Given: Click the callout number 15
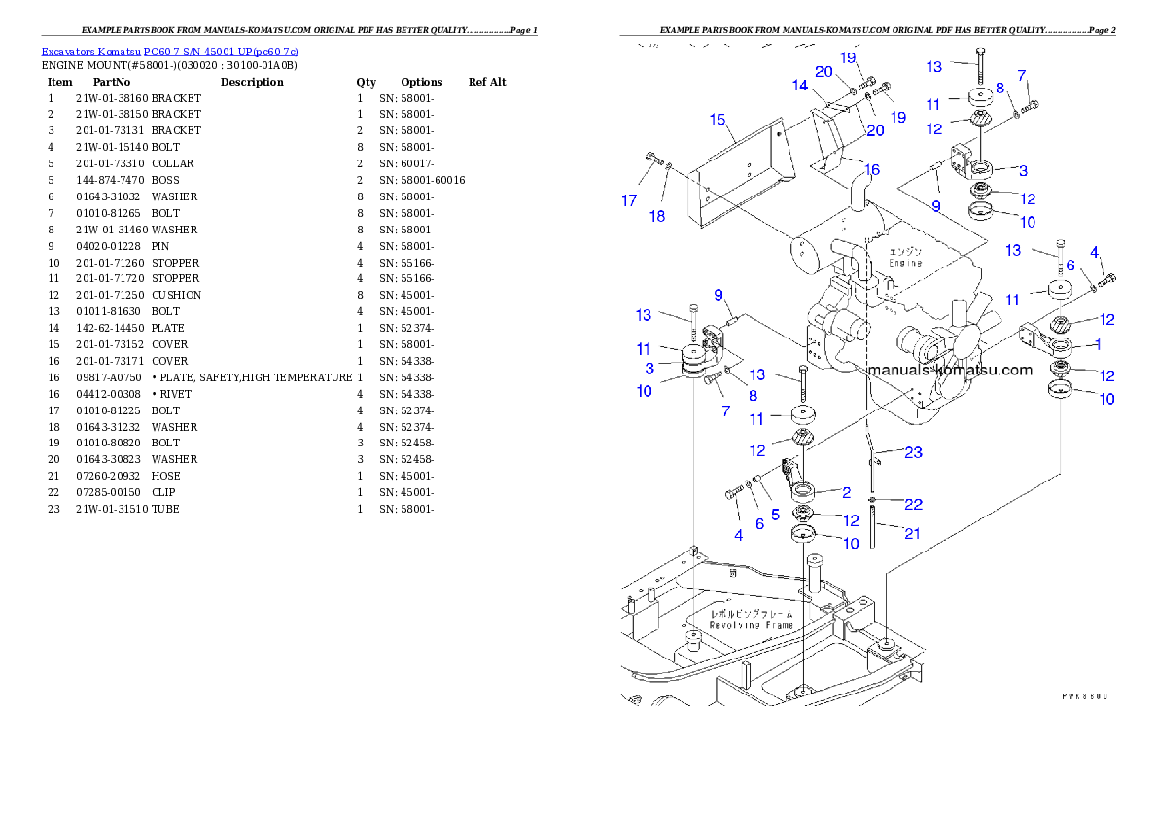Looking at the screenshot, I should [718, 120].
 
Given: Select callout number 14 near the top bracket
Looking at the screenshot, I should [799, 86].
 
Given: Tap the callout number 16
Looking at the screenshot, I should [872, 170].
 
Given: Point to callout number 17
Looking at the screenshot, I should [630, 201].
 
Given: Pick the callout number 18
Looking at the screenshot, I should [657, 216].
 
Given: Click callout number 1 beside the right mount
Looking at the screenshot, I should [1098, 344].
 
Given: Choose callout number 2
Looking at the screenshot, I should [846, 493].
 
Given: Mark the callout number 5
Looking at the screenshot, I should [775, 514].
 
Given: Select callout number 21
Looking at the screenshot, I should [912, 533].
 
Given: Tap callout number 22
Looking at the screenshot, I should [913, 504].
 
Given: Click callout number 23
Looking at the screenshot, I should [913, 452].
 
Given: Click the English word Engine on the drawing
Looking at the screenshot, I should [906, 263].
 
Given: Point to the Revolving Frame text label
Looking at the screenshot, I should [751, 620].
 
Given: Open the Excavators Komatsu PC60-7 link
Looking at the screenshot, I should [169, 51].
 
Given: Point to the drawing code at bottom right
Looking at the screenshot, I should [1085, 696].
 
